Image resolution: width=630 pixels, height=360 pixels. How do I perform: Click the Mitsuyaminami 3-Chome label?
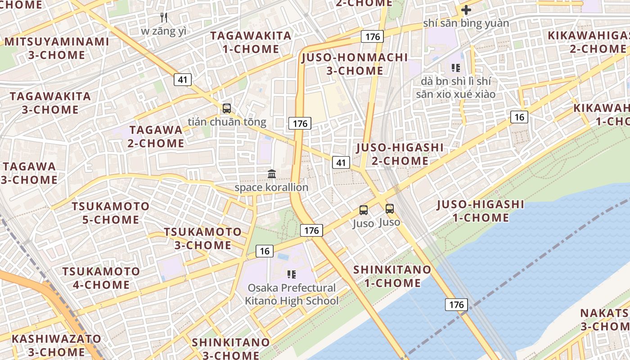tap(57, 48)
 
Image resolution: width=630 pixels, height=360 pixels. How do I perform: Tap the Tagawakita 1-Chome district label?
tap(251, 42)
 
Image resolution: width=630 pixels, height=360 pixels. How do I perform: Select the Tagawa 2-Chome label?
tap(156, 137)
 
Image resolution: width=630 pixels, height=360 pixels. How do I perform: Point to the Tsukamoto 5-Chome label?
tap(111, 213)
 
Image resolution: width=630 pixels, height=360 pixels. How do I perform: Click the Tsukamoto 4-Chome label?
tap(101, 278)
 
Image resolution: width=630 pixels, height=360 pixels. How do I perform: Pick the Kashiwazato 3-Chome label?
tap(56, 345)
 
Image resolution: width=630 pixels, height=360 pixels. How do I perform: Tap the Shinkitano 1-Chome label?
tap(392, 276)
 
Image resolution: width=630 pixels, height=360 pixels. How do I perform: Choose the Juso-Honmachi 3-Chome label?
tap(355, 64)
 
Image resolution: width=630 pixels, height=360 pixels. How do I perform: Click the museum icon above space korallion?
tap(271, 174)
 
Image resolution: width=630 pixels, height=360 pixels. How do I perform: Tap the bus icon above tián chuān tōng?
tap(227, 108)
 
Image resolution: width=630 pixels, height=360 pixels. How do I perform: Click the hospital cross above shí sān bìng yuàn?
tap(466, 9)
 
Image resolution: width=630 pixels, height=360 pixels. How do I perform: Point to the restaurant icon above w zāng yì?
tap(164, 18)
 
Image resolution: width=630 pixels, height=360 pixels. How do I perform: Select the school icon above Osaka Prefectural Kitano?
tap(292, 274)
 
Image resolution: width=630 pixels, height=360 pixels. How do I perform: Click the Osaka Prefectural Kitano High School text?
tap(292, 294)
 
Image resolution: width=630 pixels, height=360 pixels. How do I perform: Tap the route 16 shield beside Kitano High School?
tap(265, 251)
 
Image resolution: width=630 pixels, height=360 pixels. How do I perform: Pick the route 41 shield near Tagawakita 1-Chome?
tap(183, 80)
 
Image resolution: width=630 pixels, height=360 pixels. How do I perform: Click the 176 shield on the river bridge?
tap(456, 305)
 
